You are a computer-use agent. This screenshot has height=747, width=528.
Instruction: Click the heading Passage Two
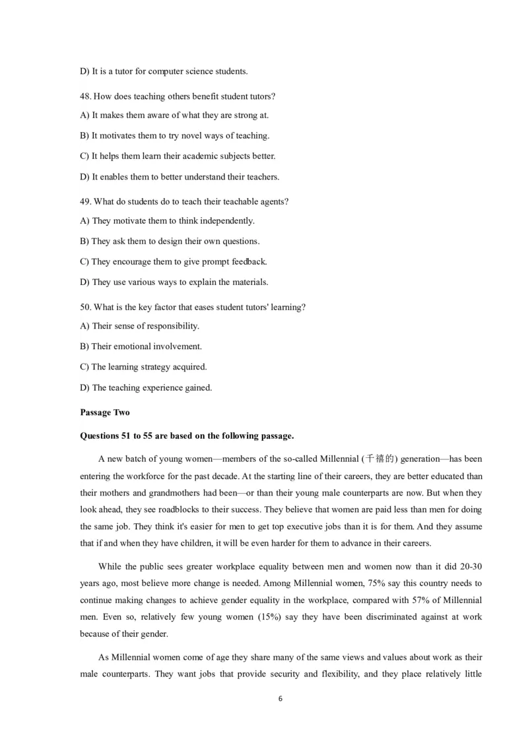[x=105, y=412]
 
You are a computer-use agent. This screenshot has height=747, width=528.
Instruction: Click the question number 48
[x=84, y=96]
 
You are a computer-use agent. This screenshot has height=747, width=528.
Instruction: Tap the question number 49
[x=84, y=201]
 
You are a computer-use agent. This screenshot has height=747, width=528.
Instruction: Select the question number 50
[x=84, y=307]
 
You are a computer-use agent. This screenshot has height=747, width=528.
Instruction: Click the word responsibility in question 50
[x=168, y=326]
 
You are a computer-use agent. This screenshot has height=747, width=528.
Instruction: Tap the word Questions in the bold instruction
[x=100, y=436]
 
